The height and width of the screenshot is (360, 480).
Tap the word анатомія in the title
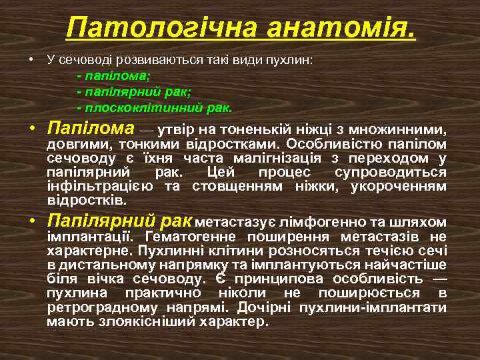pyautogui.click(x=340, y=28)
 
